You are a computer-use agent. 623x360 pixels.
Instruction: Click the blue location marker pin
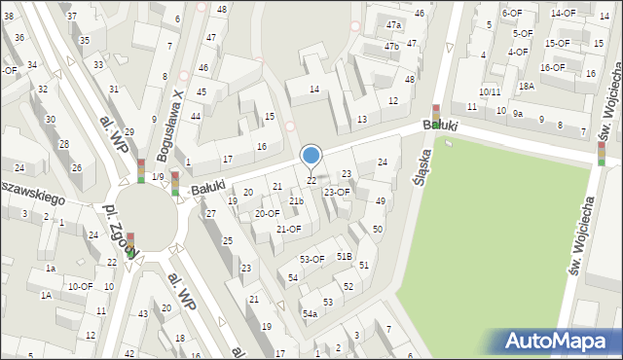[311, 156]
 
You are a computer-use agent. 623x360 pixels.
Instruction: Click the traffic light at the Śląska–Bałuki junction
[435, 116]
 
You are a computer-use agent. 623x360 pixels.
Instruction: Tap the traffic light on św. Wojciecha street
[602, 153]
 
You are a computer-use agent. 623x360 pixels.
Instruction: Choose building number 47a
[392, 25]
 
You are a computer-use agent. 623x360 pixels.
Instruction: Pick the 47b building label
[391, 46]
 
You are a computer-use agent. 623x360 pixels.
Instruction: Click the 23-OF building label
[337, 192]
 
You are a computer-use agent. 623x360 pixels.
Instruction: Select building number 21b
[296, 201]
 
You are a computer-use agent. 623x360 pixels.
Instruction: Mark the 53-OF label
[311, 259]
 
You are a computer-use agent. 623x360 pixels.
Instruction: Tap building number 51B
[345, 256]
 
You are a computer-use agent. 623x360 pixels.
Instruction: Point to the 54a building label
[310, 313]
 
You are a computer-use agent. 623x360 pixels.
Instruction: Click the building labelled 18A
[526, 86]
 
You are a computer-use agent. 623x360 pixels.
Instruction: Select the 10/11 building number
[490, 92]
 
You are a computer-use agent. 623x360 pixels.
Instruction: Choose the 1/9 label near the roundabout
[158, 176]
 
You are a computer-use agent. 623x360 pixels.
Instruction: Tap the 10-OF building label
[80, 286]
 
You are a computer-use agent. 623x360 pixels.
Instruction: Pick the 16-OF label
[552, 67]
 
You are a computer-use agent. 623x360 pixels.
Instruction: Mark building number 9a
[519, 114]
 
